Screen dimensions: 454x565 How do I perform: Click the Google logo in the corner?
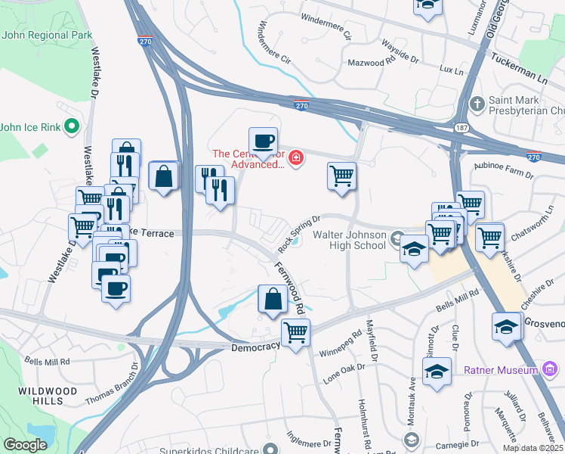[x=25, y=445]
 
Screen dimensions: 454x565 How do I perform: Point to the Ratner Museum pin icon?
[x=550, y=369]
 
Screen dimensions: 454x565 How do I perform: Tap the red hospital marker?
[x=297, y=158]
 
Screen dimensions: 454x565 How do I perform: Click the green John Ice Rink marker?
[x=72, y=126]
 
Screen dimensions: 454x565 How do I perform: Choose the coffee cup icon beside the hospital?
[x=262, y=141]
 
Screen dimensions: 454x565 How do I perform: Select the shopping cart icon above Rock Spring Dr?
[x=341, y=176]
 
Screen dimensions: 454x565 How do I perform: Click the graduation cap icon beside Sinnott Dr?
[x=437, y=372]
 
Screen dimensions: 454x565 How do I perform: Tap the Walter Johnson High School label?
[x=349, y=240]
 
